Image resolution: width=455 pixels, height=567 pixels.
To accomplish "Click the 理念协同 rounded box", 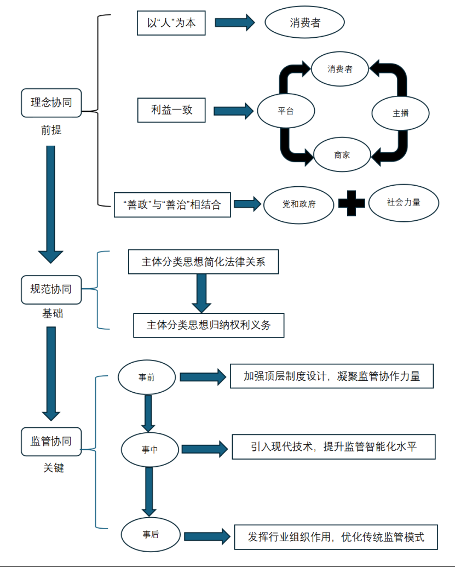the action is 51,102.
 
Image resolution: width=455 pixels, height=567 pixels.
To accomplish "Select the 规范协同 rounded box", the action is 51,290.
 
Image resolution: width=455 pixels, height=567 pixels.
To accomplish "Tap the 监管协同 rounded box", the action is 51,442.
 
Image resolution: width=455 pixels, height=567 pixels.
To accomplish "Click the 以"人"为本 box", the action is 171,23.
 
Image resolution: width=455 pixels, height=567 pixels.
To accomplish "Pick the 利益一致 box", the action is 171,110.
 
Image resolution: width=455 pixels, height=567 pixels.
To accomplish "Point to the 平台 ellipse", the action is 286,111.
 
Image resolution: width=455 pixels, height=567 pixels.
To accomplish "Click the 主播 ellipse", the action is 400,113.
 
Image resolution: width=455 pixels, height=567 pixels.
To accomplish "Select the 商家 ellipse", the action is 342,155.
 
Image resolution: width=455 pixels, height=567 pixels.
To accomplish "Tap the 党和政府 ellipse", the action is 299,205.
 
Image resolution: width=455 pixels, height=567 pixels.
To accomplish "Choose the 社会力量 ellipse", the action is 404,203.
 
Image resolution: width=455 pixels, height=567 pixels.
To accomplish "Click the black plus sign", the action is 352,203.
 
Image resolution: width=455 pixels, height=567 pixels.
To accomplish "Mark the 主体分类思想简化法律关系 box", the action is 204,261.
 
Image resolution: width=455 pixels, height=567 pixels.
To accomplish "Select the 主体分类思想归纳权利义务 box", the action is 209,325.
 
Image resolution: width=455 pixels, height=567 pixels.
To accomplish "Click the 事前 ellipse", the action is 147,377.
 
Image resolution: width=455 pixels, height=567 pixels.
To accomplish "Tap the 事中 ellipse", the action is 150,449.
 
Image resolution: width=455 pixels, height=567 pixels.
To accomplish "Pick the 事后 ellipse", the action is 151,535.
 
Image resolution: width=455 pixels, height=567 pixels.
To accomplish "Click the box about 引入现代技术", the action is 333,446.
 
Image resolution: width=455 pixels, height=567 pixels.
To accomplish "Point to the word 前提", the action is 51,130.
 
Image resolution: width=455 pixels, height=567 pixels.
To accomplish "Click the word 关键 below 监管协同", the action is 54,467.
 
